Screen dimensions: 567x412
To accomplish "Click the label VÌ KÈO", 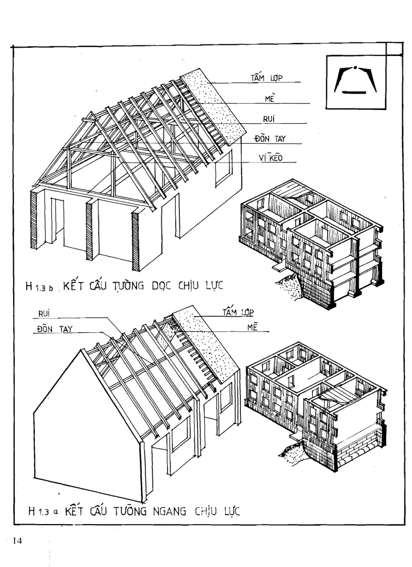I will pyautogui.click(x=270, y=158).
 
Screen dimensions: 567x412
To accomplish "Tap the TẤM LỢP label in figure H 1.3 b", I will pyautogui.click(x=267, y=78).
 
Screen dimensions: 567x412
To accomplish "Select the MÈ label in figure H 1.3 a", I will pyautogui.click(x=252, y=328).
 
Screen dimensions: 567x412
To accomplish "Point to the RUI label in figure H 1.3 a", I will pyautogui.click(x=45, y=314).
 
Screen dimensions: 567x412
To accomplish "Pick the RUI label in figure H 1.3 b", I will pyautogui.click(x=268, y=119).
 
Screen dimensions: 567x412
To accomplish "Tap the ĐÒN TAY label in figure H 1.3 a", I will pyautogui.click(x=55, y=329).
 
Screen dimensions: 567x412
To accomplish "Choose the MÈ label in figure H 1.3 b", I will pyautogui.click(x=269, y=99).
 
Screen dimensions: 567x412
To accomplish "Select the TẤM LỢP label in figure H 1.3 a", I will pyautogui.click(x=238, y=313).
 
